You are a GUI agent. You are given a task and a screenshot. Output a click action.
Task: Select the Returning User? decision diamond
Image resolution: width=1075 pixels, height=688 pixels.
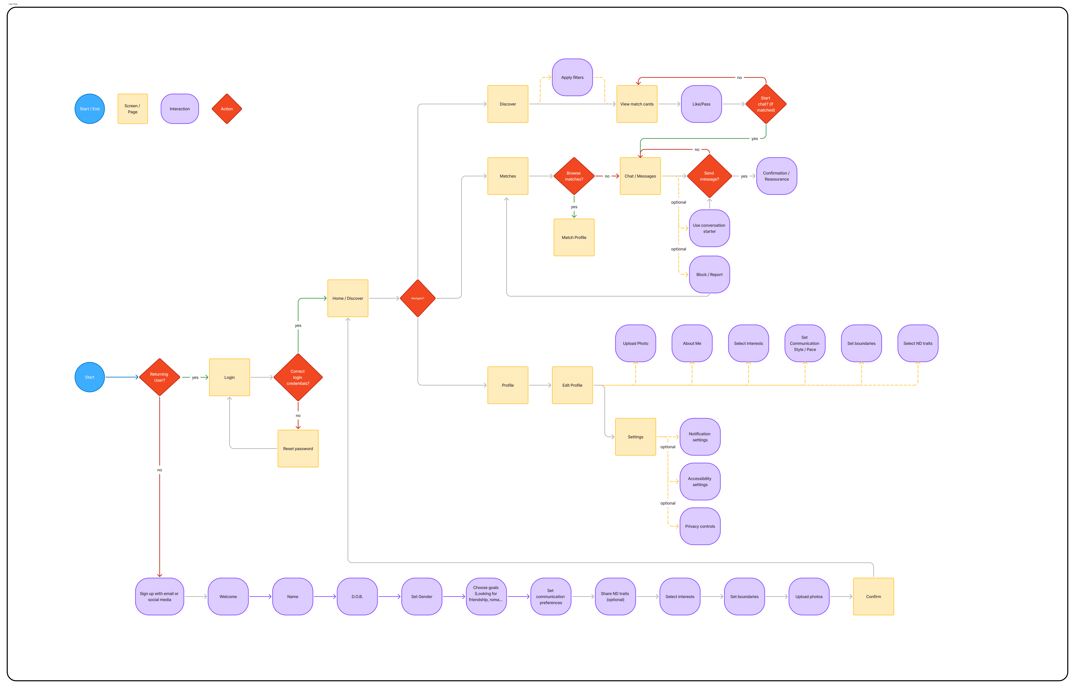(160, 377)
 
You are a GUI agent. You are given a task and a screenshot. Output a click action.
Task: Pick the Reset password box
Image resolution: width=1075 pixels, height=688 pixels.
(298, 449)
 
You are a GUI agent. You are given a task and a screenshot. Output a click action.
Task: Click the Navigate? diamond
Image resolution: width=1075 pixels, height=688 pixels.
(418, 298)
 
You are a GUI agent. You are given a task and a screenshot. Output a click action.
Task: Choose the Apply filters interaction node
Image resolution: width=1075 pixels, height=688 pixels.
(572, 77)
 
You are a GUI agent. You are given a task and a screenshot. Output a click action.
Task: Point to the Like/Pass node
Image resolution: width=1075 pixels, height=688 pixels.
(701, 104)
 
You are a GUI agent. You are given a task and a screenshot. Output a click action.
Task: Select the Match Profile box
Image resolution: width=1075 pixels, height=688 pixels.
(574, 237)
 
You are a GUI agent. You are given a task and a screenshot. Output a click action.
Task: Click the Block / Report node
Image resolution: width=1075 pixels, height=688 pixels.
(709, 274)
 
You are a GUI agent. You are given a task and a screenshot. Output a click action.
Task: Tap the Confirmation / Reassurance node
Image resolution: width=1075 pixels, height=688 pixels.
(776, 176)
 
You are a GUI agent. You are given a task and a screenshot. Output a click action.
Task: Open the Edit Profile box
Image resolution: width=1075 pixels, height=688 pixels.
(572, 385)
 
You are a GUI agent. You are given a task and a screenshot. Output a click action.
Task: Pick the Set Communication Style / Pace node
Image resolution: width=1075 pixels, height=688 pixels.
(804, 343)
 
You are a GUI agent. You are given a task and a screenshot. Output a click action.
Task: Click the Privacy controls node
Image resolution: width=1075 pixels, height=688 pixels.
(700, 526)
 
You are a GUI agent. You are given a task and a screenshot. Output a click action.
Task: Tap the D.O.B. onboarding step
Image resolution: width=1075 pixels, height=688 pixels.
(357, 596)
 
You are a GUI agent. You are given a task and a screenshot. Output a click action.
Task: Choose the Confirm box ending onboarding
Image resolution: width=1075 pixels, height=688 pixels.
(873, 596)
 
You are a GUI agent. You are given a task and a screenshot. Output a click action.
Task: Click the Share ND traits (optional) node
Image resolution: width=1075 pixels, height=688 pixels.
(615, 596)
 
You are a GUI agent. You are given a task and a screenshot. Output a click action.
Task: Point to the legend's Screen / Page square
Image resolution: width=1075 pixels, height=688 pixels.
(133, 109)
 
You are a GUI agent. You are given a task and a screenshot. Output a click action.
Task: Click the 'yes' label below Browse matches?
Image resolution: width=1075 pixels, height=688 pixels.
(574, 207)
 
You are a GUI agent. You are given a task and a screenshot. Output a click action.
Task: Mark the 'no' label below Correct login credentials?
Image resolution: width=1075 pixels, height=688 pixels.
(298, 415)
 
